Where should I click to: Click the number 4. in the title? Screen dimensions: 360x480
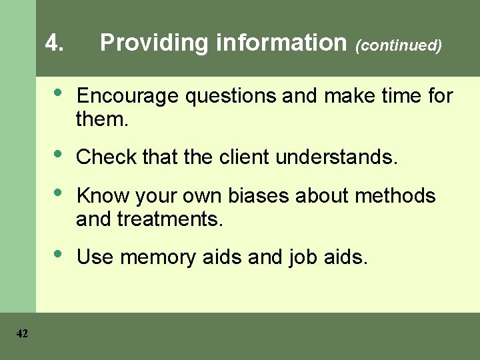click(55, 43)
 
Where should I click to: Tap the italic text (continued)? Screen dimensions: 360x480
click(399, 45)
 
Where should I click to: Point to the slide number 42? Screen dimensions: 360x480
click(22, 334)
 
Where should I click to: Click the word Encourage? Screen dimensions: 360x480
click(127, 97)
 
